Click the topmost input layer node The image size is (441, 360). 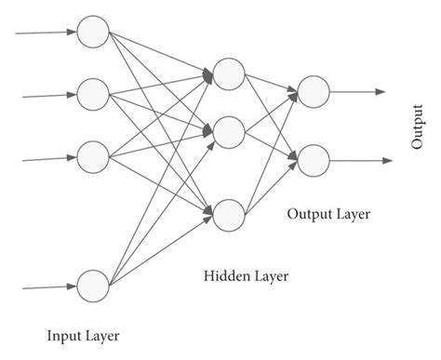coord(93,33)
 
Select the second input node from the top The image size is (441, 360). coord(93,94)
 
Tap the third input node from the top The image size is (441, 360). coord(93,156)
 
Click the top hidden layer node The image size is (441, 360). coord(228,72)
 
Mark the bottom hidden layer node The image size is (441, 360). coord(228,215)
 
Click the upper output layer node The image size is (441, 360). coord(313,91)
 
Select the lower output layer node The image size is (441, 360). coord(313,159)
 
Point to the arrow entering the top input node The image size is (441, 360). coord(47,33)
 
